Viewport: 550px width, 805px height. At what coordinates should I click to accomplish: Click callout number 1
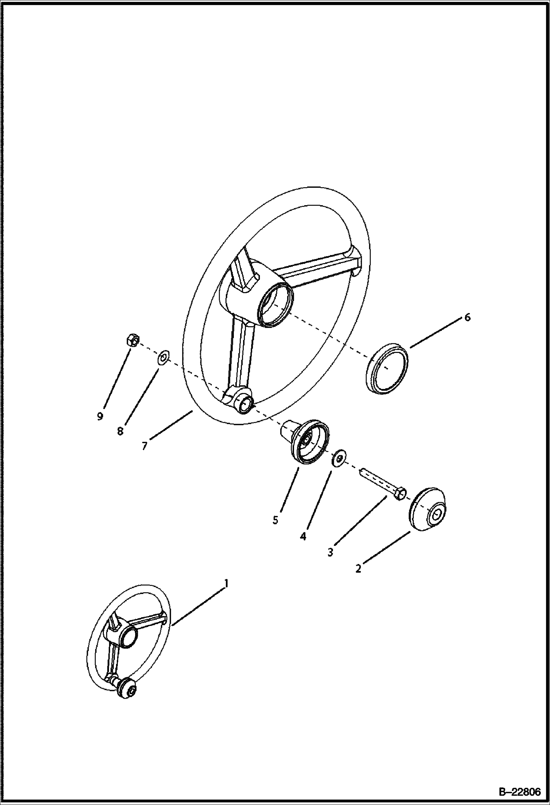227,583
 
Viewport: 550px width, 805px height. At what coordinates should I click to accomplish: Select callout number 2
358,569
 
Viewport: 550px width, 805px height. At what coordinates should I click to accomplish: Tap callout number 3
330,552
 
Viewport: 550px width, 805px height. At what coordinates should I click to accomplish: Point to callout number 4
303,536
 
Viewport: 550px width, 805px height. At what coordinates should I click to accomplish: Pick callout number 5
275,520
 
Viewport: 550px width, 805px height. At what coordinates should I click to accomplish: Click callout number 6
467,317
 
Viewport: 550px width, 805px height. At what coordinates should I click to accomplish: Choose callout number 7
144,446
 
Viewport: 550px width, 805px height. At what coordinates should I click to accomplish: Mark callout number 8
120,431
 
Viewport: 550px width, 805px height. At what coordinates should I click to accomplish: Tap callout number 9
100,416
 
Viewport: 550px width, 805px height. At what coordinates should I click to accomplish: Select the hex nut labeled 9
132,340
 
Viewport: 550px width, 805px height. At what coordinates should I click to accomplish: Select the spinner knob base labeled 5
305,441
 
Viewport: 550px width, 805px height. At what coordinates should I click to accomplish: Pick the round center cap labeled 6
387,368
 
